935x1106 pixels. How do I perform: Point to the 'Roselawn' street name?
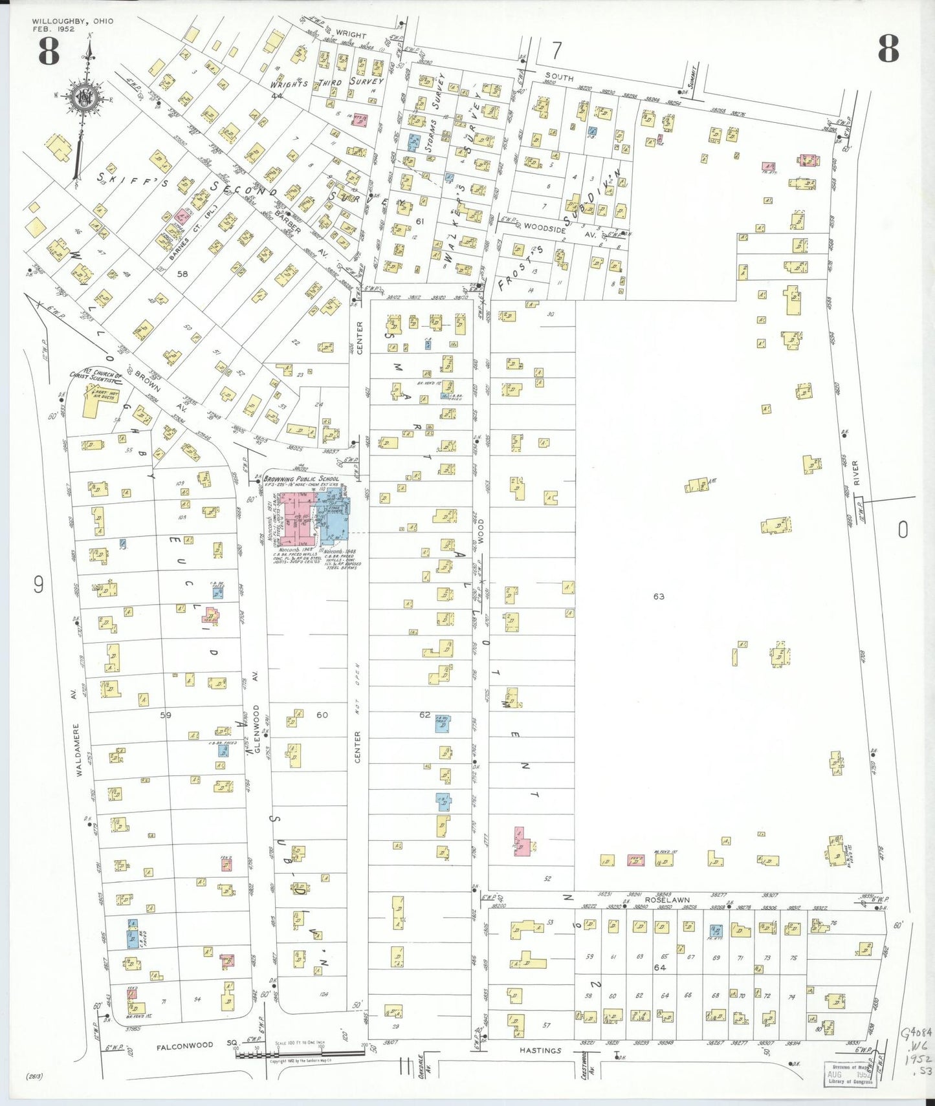(x=667, y=900)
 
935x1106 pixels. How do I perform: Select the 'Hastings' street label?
(x=540, y=1050)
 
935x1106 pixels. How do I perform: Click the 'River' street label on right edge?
(x=855, y=472)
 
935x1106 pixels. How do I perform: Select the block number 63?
(x=659, y=596)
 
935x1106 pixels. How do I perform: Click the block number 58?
(x=182, y=274)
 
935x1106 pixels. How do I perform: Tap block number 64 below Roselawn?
(x=659, y=968)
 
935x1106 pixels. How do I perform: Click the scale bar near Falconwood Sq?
(x=301, y=1055)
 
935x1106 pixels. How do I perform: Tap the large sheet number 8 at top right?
(x=888, y=49)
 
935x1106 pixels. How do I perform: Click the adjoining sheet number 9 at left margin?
(x=39, y=585)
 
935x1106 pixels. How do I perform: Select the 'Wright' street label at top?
(x=351, y=35)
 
